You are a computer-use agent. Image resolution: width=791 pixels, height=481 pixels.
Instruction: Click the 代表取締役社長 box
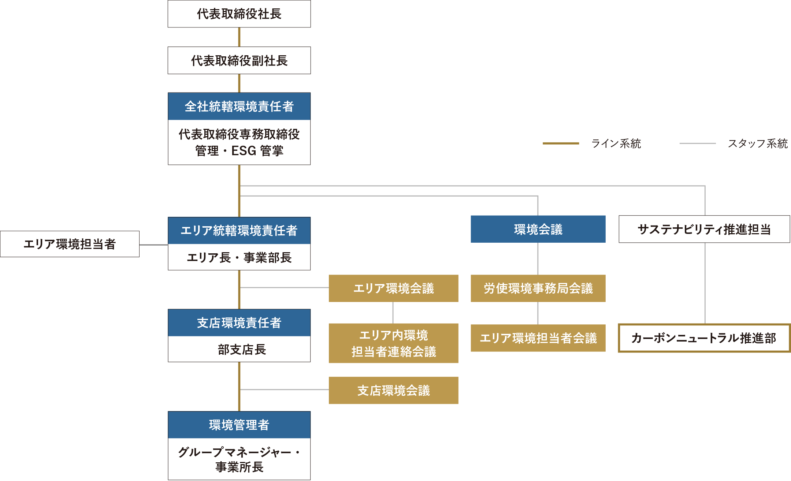coord(239,14)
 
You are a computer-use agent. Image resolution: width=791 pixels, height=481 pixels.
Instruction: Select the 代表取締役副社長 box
coord(239,60)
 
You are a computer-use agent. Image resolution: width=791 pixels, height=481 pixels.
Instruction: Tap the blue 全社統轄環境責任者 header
coord(239,107)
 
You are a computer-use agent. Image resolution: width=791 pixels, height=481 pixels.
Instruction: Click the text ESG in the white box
coord(244,151)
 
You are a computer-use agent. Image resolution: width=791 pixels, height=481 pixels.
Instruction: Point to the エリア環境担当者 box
coord(70,244)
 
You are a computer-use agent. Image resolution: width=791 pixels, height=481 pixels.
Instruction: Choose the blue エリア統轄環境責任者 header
coord(239,231)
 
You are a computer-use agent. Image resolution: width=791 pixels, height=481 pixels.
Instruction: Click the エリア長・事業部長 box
coord(239,257)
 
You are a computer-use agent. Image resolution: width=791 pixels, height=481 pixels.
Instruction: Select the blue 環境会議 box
coord(538,229)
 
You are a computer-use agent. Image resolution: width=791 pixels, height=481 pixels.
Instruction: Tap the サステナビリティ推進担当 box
coord(704,229)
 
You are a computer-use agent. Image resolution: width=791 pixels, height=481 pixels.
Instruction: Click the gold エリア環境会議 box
coord(393,288)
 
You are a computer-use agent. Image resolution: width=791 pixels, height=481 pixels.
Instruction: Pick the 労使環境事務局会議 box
coord(538,288)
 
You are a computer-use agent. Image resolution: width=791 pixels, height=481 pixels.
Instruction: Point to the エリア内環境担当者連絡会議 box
coord(393,343)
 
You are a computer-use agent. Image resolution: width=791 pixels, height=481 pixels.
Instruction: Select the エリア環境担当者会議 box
coord(538,338)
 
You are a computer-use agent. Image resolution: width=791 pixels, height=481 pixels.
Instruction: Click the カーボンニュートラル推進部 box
coord(704,338)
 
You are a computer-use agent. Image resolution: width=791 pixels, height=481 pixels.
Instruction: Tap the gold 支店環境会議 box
coord(393,390)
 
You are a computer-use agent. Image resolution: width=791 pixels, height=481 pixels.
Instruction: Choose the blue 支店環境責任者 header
coord(239,323)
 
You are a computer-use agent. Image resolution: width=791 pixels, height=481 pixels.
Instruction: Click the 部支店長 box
coord(239,349)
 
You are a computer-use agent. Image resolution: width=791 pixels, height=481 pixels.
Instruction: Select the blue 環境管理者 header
coord(239,425)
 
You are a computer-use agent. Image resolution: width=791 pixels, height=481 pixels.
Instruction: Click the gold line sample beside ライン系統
coord(561,143)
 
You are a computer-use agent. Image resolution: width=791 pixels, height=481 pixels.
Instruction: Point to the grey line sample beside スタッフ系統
coord(697,143)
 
